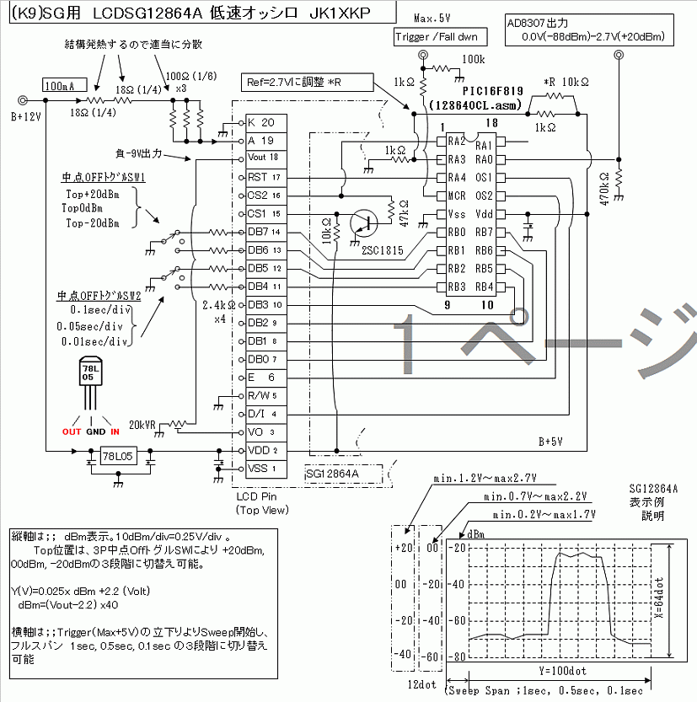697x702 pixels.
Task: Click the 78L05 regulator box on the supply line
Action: click(119, 456)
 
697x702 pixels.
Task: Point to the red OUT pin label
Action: click(72, 431)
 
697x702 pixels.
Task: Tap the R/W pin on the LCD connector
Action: click(257, 395)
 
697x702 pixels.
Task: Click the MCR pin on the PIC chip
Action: click(456, 196)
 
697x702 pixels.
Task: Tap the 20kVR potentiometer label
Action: click(143, 424)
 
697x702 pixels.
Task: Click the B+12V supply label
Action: click(25, 117)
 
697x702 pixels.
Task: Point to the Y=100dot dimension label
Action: click(551, 673)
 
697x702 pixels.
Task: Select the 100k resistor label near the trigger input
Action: click(474, 61)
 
